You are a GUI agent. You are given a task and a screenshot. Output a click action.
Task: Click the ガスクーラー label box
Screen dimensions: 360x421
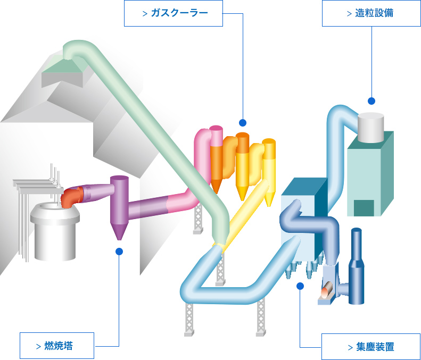[x=174, y=13]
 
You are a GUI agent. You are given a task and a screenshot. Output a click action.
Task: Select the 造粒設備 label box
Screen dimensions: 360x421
[x=372, y=13]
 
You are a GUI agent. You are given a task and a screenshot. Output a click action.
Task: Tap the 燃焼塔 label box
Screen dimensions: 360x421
[x=57, y=346]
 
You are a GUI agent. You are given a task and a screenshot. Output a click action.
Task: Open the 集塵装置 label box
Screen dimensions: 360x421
[x=371, y=347]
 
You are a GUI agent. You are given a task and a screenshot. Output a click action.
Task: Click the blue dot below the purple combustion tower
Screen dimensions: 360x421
[x=119, y=252]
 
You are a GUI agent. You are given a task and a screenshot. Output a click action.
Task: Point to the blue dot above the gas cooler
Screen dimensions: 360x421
[x=243, y=122]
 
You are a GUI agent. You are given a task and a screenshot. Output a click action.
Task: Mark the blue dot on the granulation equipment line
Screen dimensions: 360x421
[x=372, y=101]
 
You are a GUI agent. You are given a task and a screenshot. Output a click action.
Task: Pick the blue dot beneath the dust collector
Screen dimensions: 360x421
[x=300, y=286]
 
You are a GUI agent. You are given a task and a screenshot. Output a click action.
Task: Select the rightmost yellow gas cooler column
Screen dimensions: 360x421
[x=269, y=170]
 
